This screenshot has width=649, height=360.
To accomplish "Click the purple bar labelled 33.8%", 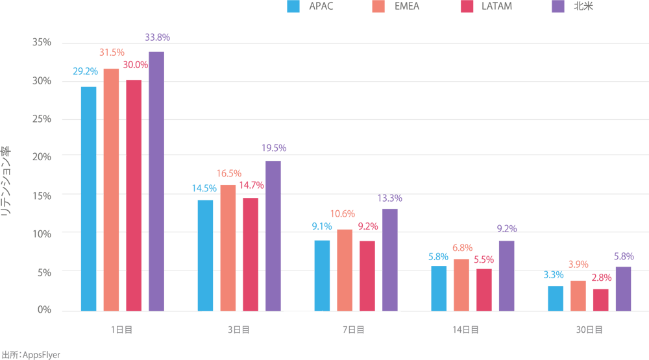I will coord(156,181).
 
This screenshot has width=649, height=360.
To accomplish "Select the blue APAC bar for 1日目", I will coord(88,198).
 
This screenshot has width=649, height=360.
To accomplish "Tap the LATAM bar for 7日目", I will coord(367,276).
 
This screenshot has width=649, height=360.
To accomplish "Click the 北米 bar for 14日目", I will coord(506,276).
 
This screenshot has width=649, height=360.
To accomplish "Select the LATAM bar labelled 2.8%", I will coord(600,300).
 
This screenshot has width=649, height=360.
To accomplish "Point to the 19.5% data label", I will coord(274,148).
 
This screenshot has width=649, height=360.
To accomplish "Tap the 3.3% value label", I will coord(554,275).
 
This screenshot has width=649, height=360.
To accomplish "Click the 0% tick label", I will coord(43,310).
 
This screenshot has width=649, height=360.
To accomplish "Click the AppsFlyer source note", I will coord(31,355).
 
